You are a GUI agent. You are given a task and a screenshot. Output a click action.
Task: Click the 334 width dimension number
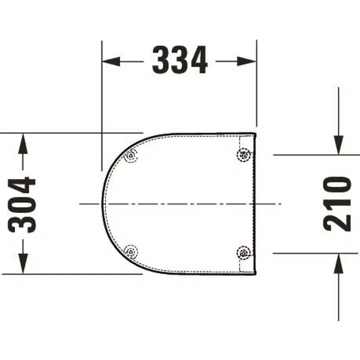click(180, 60)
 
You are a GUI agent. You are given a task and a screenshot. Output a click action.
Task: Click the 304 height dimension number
click(22, 205)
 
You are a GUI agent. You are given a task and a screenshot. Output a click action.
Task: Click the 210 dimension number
click(337, 204)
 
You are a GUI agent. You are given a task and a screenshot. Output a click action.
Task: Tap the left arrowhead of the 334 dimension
click(111, 61)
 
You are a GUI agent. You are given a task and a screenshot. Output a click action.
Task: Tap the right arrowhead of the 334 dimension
click(246, 61)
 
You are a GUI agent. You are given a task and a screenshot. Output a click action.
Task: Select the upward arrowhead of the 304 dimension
click(23, 143)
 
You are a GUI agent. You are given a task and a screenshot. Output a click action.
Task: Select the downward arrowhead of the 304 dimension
click(23, 263)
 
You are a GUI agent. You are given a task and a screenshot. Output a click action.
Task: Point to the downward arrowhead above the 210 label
click(339, 145)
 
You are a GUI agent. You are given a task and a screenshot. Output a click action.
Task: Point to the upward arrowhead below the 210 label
click(339, 263)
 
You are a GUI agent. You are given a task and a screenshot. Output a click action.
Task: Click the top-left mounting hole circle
click(131, 156)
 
